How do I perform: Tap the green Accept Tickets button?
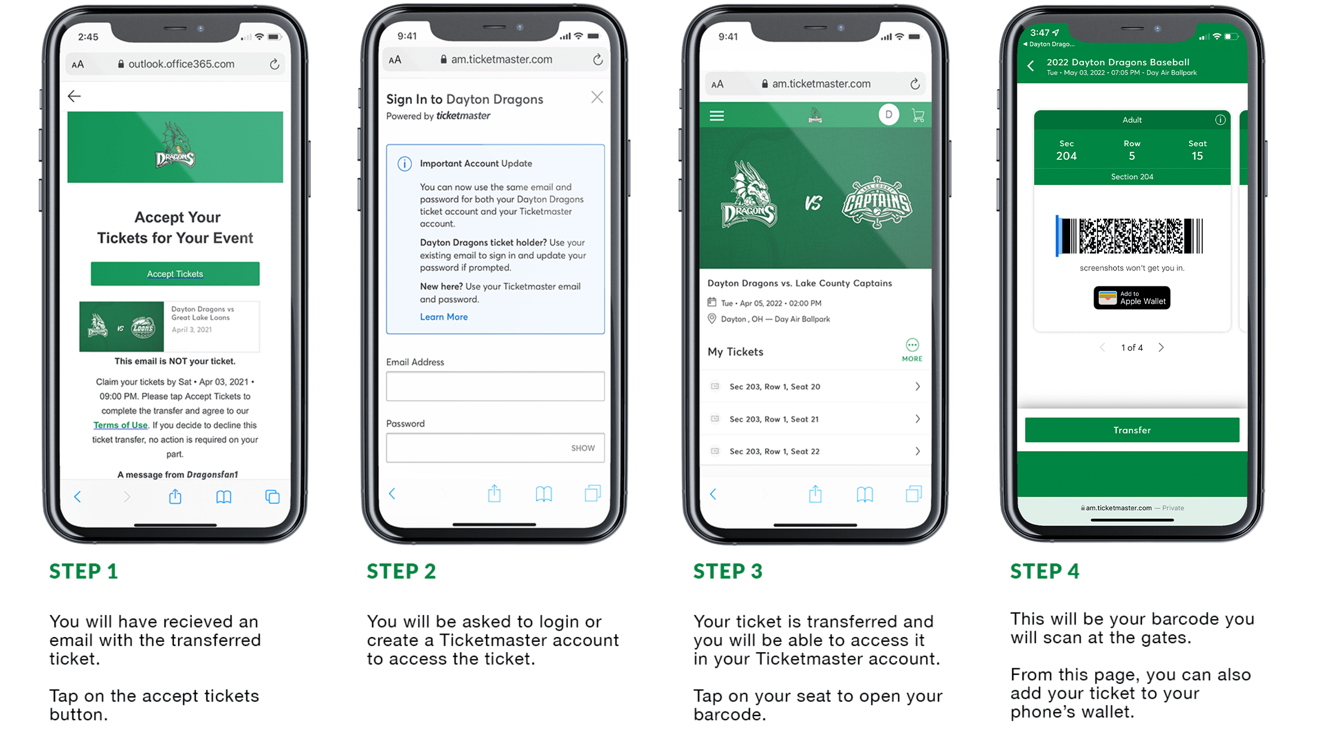pyautogui.click(x=175, y=274)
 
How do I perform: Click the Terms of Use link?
pyautogui.click(x=120, y=425)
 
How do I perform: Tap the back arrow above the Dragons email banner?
pyautogui.click(x=74, y=96)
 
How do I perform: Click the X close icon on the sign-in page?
pyautogui.click(x=597, y=97)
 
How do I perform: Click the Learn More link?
pyautogui.click(x=444, y=317)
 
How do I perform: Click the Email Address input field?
pyautogui.click(x=495, y=386)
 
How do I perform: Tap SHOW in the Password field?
pyautogui.click(x=583, y=448)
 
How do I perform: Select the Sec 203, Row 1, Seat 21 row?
pyautogui.click(x=815, y=419)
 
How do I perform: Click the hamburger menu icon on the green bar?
pyautogui.click(x=717, y=115)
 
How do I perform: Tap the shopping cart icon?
pyautogui.click(x=918, y=115)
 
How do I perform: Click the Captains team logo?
pyautogui.click(x=877, y=202)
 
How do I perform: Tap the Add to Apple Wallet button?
pyautogui.click(x=1132, y=298)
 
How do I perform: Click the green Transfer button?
pyautogui.click(x=1132, y=430)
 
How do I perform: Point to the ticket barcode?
pyautogui.click(x=1130, y=236)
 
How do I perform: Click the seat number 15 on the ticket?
pyautogui.click(x=1197, y=156)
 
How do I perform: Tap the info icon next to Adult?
pyautogui.click(x=1220, y=120)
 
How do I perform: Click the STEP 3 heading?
pyautogui.click(x=728, y=571)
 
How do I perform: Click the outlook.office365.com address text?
pyautogui.click(x=181, y=64)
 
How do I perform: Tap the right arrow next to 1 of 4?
pyautogui.click(x=1161, y=348)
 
